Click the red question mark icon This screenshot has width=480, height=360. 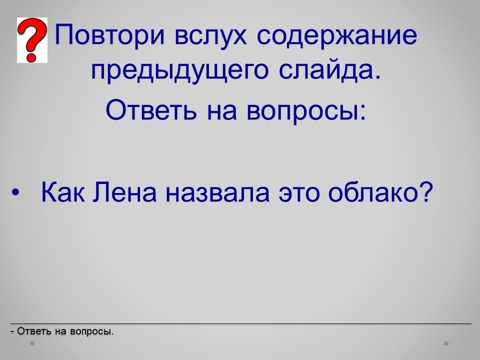coord(32,40)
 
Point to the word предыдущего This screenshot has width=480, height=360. coord(179,71)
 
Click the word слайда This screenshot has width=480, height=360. coord(329,70)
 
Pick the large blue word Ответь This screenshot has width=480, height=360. coord(151,109)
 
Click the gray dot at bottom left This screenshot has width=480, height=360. coord(32,343)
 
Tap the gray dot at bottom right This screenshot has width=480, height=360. coord(446,343)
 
